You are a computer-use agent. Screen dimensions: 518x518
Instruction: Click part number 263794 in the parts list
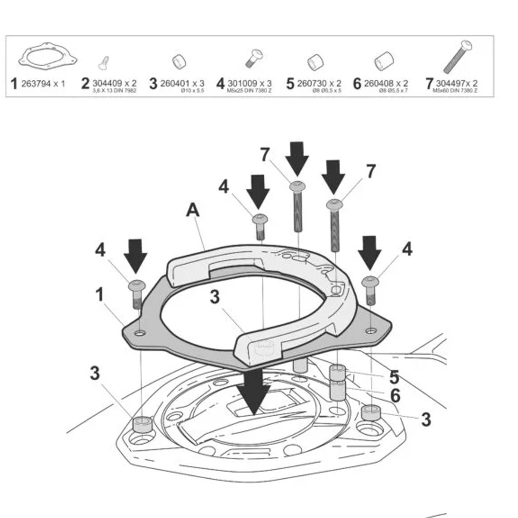click(x=37, y=83)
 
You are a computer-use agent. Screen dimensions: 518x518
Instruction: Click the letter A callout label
click(x=193, y=210)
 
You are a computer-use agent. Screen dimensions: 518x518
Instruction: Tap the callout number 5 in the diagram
click(x=394, y=377)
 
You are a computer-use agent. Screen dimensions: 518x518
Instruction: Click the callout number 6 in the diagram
click(x=395, y=395)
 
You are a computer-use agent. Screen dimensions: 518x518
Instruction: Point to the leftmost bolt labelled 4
click(x=136, y=294)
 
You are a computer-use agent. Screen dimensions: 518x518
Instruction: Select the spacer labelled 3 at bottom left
click(x=142, y=424)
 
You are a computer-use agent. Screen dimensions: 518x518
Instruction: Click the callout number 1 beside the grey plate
click(x=100, y=295)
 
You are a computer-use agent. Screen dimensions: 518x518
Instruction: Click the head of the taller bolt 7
click(x=298, y=186)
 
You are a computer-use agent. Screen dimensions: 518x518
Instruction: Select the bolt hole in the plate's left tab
click(x=139, y=333)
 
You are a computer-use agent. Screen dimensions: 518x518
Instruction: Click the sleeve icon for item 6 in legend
click(x=383, y=61)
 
